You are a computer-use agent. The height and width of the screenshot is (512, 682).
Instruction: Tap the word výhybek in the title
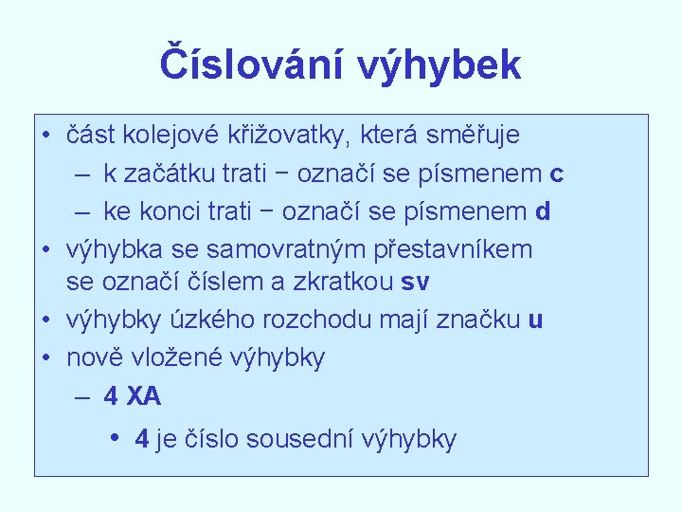(x=440, y=65)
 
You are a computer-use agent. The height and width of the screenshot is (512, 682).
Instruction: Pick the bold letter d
(x=543, y=211)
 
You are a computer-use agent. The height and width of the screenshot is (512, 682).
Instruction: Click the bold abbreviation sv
(x=414, y=283)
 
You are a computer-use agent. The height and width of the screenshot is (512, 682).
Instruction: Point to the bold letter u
(x=536, y=320)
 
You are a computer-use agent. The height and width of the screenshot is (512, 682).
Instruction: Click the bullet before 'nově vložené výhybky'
(x=45, y=357)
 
